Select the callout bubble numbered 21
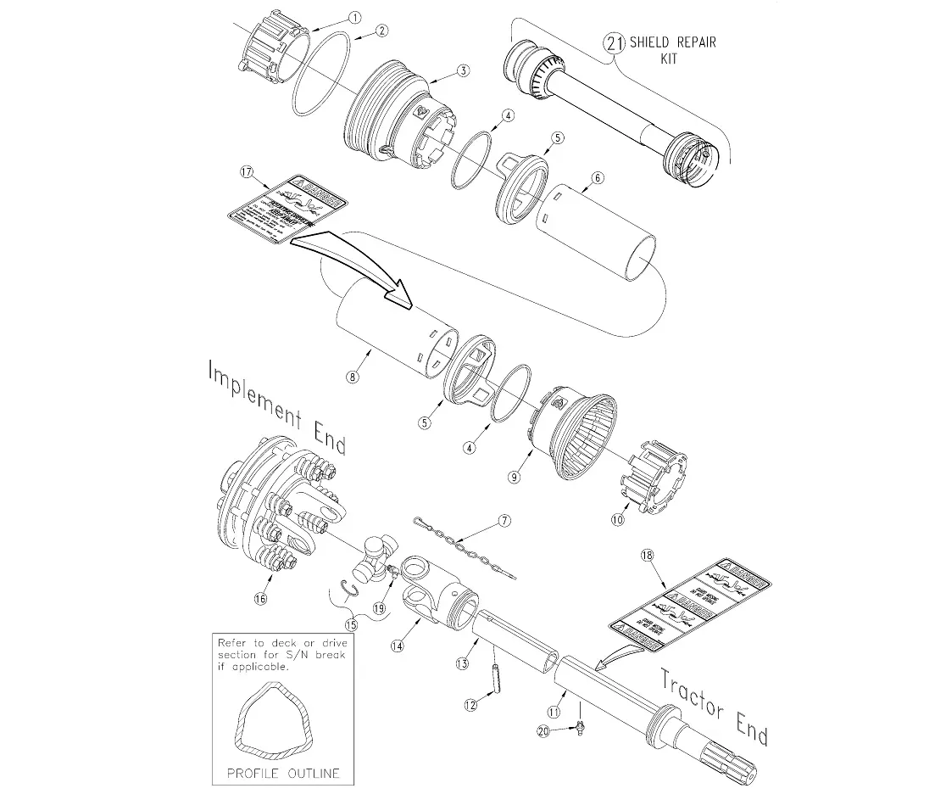(x=614, y=42)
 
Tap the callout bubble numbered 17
(x=247, y=172)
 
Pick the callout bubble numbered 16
(x=259, y=598)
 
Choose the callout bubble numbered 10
(x=618, y=517)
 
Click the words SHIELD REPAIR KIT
(x=670, y=49)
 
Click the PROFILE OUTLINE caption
(x=283, y=773)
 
